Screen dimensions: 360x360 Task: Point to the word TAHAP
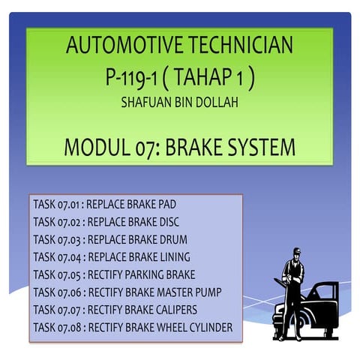point(211,77)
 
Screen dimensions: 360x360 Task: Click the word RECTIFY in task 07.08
point(107,327)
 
